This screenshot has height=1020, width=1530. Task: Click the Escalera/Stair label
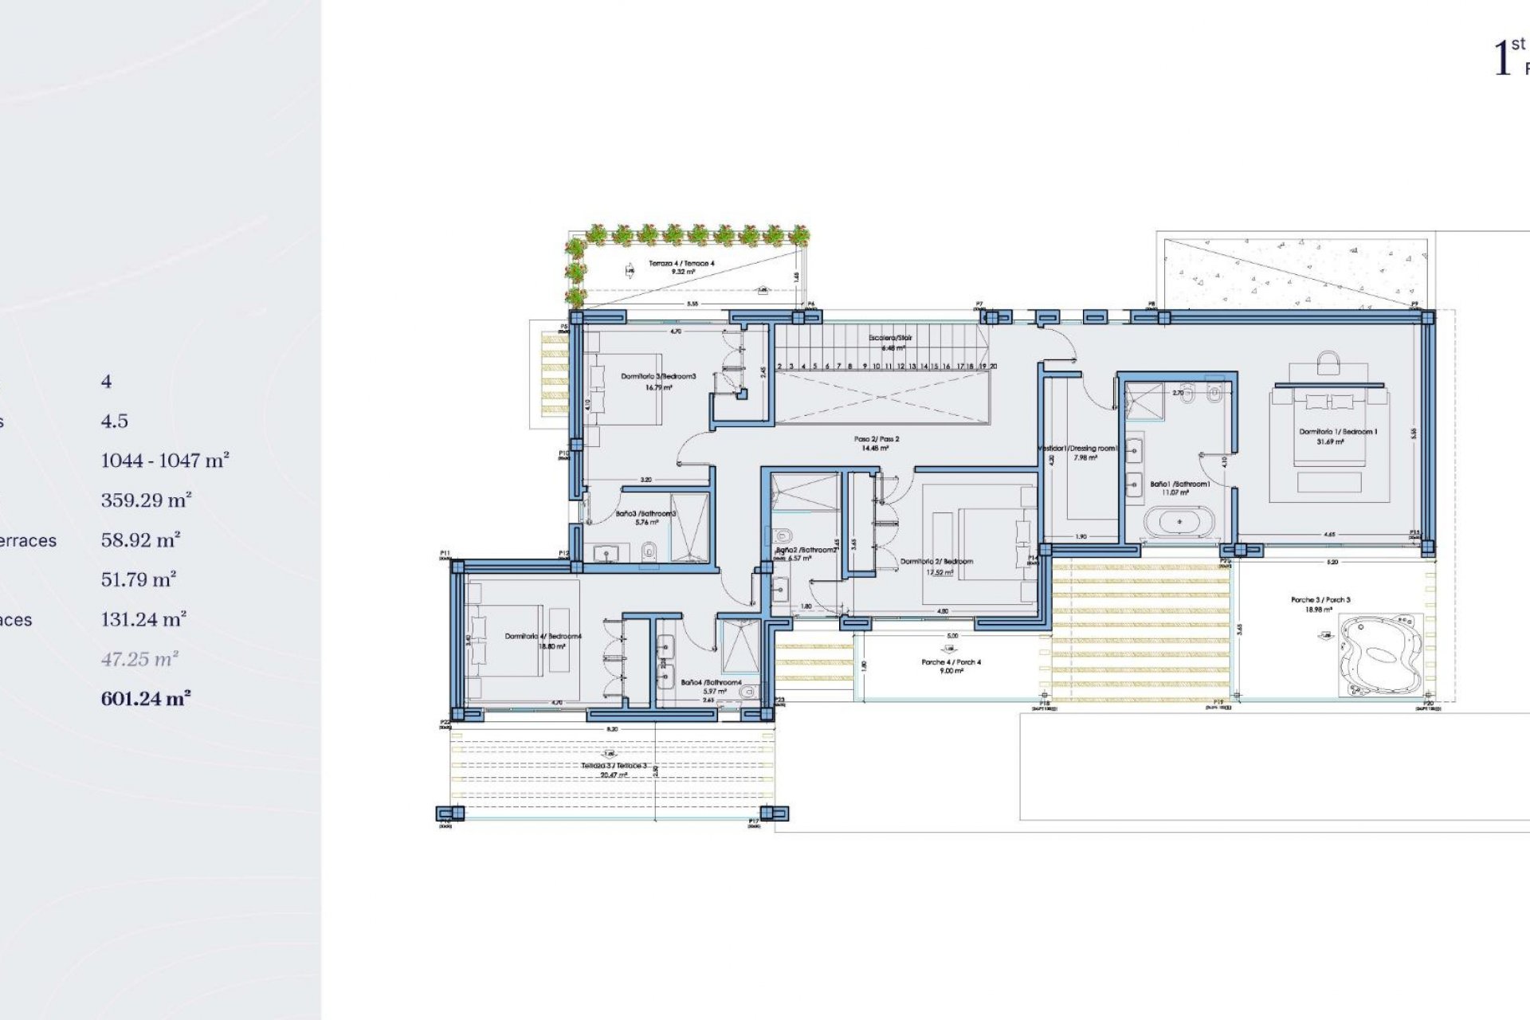(890, 338)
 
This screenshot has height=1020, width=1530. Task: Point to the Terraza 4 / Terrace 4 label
(681, 263)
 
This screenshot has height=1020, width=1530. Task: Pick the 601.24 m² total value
(146, 699)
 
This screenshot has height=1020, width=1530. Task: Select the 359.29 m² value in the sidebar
(146, 500)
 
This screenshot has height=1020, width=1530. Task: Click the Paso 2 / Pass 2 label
(877, 439)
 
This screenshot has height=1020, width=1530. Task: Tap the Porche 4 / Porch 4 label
(951, 662)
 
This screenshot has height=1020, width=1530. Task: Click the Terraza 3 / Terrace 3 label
(614, 766)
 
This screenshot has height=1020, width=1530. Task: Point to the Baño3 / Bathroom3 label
(645, 514)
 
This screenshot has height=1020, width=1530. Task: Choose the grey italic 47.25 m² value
(139, 659)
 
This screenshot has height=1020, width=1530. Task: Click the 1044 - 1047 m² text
(165, 461)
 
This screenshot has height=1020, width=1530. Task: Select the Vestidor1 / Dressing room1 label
(1077, 449)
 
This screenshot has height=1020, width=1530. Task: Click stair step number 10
(876, 367)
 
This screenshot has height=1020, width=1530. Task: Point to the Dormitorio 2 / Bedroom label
(936, 562)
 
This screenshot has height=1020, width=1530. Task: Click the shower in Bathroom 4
(739, 647)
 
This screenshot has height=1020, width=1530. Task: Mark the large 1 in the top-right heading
(1501, 59)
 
